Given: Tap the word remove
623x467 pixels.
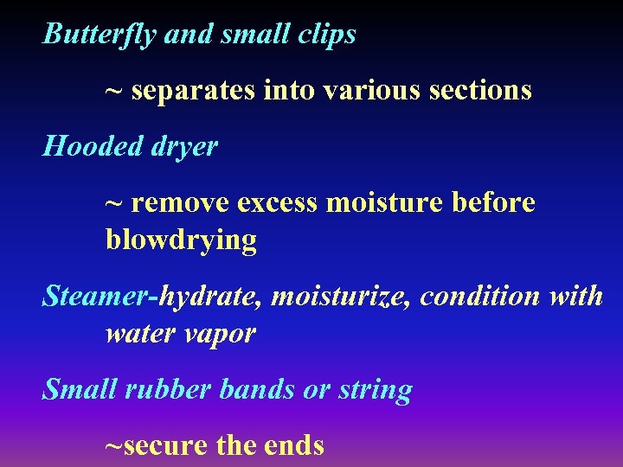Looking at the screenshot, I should click(x=180, y=203).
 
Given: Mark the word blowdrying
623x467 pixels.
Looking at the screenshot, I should click(x=181, y=240).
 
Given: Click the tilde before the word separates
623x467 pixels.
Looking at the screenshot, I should click(x=113, y=90).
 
